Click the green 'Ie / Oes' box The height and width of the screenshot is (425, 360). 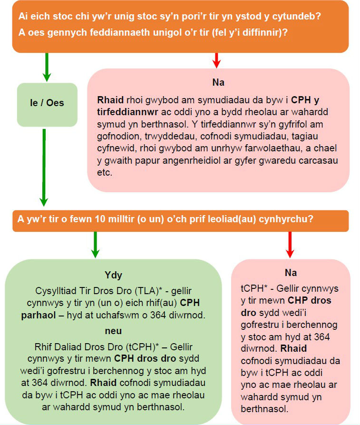click(x=47, y=103)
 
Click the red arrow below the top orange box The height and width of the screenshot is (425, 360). click(x=216, y=60)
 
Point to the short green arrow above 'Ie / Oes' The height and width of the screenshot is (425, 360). click(x=46, y=67)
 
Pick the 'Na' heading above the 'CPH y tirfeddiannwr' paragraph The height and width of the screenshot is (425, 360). click(x=218, y=82)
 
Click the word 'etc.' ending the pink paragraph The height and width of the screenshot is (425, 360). click(x=104, y=172)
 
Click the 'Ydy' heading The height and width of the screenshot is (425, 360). click(x=113, y=275)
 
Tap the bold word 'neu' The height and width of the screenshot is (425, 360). click(x=113, y=330)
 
